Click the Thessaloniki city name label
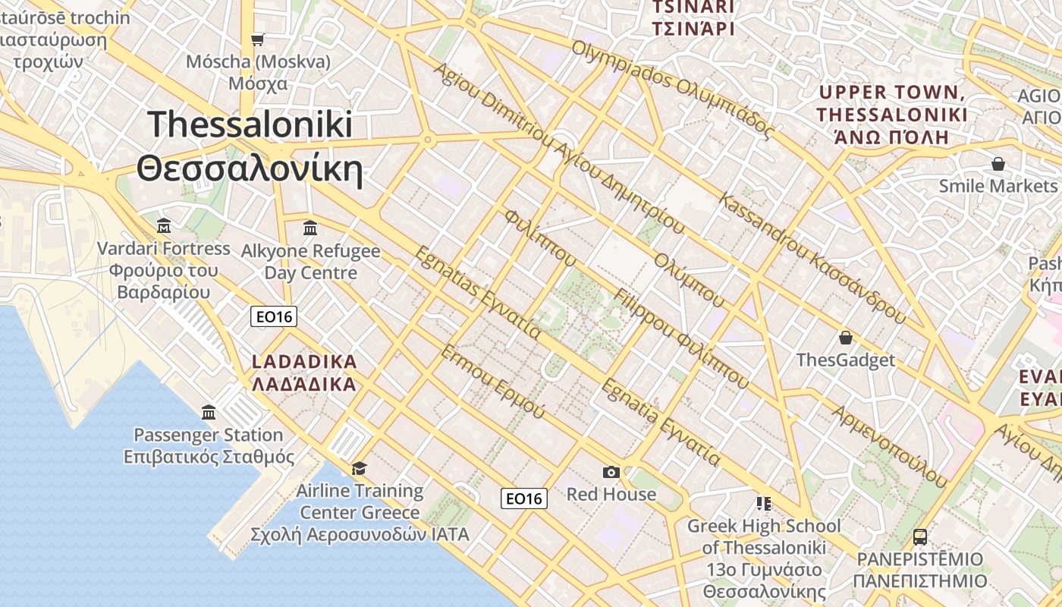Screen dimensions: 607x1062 (250, 146)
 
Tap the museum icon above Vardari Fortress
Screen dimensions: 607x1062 (164, 225)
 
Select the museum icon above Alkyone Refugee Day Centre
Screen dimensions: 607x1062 (310, 227)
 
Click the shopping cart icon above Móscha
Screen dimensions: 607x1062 (258, 39)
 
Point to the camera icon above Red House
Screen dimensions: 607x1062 (611, 472)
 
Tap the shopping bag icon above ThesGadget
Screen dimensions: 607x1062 (846, 338)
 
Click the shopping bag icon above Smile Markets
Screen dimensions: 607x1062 (998, 164)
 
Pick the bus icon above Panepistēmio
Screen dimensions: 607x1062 (920, 537)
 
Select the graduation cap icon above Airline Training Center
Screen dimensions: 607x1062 (359, 468)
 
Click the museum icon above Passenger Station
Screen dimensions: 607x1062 (209, 412)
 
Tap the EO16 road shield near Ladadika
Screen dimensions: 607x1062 (274, 317)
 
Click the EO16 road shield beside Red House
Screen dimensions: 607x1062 (524, 498)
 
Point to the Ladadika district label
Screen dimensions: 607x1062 (303, 373)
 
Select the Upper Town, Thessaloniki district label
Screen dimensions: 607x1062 (892, 115)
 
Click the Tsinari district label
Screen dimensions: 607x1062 (694, 18)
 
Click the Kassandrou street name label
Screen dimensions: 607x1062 (812, 259)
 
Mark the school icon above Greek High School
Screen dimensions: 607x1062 (764, 503)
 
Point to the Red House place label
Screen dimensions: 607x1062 (611, 495)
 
